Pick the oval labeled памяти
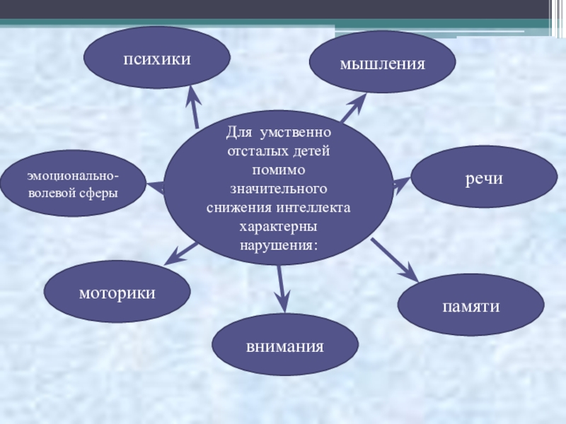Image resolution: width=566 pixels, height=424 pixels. pos(470,305)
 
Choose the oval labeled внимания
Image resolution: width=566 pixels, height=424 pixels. pos(285,346)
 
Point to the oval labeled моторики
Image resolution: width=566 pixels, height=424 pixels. pos(117,292)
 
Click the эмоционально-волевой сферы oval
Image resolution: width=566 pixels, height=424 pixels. pos(73,183)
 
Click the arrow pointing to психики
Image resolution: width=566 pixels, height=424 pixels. pos(193,104)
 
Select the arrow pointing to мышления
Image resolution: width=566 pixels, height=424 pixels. pos(353,109)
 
